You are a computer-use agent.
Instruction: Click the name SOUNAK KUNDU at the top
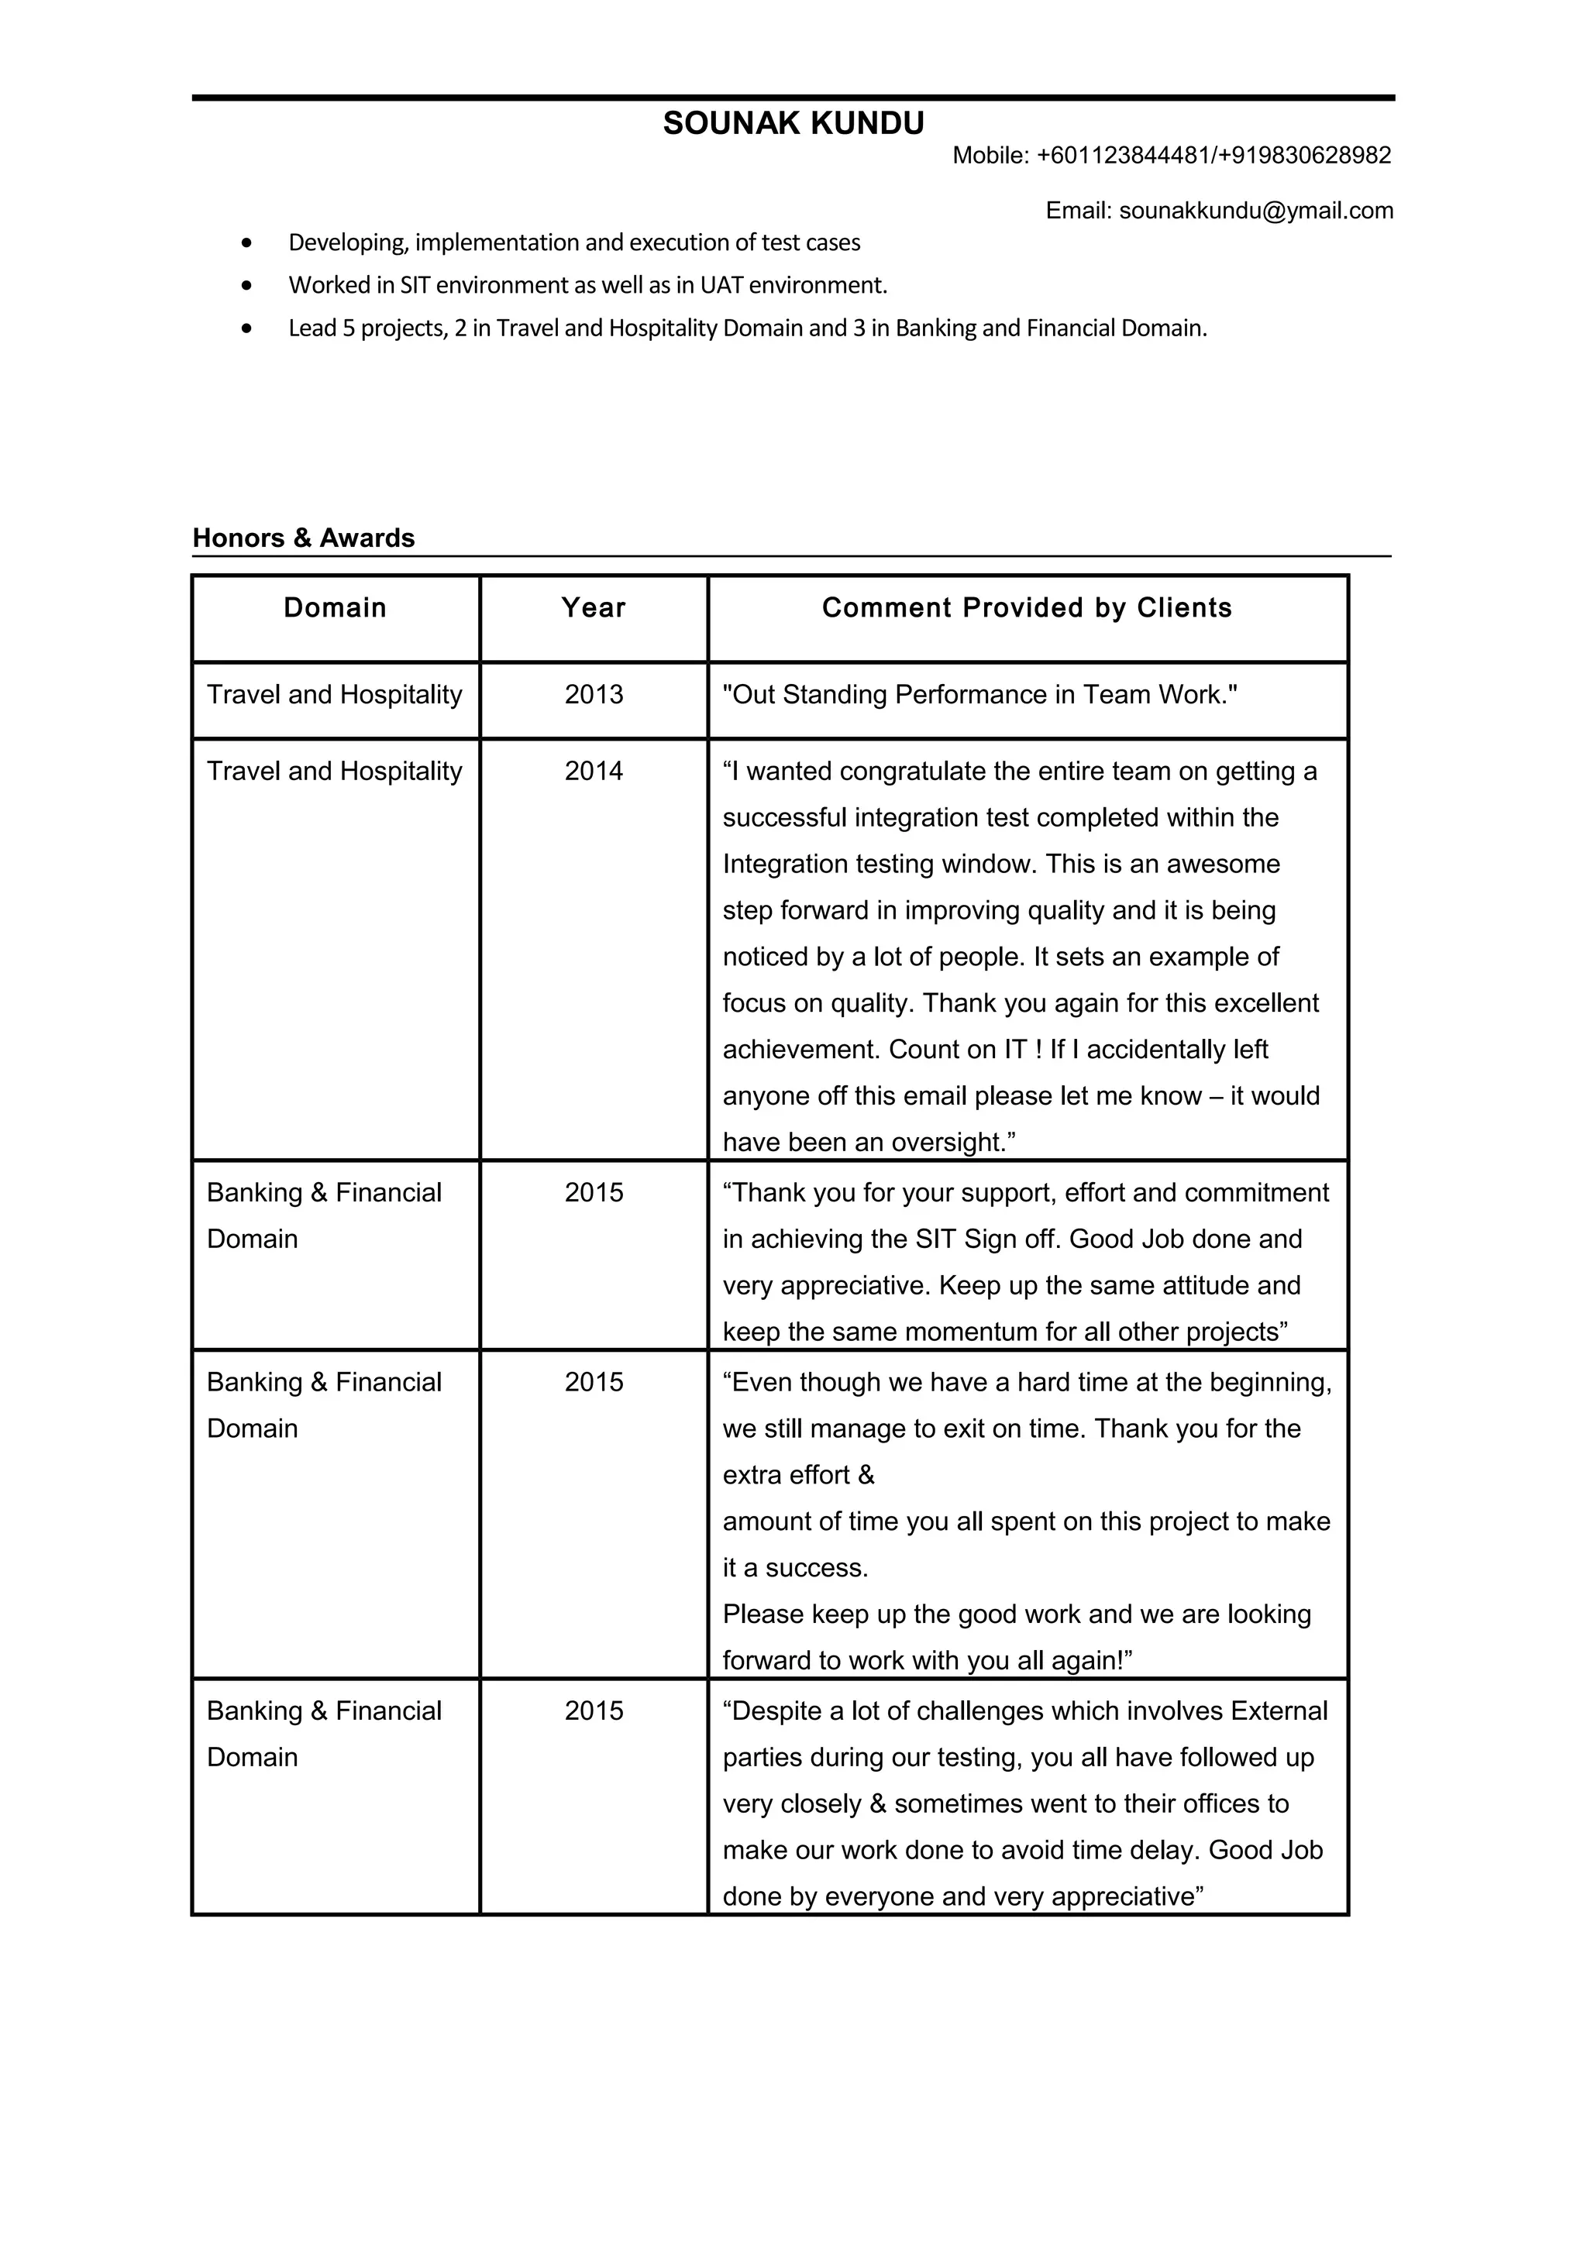(793, 124)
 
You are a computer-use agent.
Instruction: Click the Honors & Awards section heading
(303, 538)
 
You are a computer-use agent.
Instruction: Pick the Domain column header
(336, 608)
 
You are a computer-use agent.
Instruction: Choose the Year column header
(594, 608)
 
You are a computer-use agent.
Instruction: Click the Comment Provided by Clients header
(1027, 608)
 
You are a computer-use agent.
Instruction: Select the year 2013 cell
(594, 695)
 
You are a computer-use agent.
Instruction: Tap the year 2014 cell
(594, 772)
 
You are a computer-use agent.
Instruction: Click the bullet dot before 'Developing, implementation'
(246, 242)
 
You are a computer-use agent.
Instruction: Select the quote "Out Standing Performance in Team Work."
(979, 695)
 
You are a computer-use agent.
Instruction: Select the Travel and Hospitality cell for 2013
(335, 695)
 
